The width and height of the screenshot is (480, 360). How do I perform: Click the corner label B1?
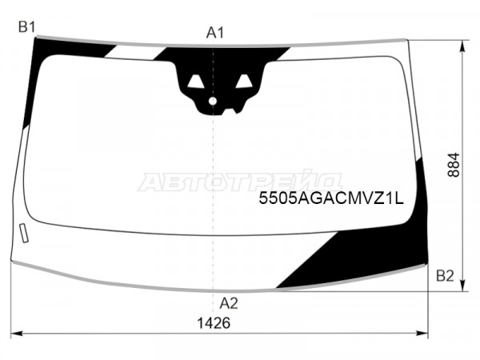(x=27, y=27)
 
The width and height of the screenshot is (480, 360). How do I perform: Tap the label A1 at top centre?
(x=215, y=33)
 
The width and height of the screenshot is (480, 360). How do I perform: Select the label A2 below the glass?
(x=229, y=303)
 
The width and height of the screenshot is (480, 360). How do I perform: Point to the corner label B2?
(x=445, y=276)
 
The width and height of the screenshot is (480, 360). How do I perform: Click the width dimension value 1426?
(x=214, y=323)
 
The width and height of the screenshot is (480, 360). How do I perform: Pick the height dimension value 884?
(x=454, y=165)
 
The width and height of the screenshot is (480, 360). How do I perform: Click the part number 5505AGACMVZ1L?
(x=331, y=198)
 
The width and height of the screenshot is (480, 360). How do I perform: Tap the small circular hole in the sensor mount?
(x=213, y=101)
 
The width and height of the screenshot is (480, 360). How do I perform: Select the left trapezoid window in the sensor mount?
(x=196, y=82)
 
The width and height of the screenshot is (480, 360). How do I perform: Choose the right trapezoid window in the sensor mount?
(x=244, y=82)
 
